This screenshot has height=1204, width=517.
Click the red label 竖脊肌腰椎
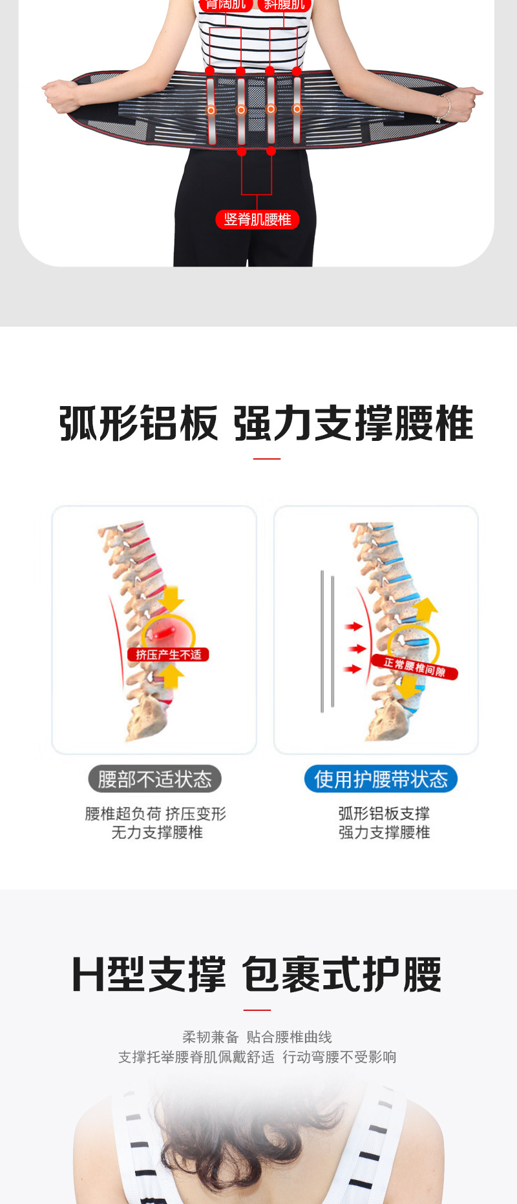(x=257, y=219)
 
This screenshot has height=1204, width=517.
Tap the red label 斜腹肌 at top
(x=284, y=5)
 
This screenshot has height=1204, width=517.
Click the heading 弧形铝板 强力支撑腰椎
(x=266, y=424)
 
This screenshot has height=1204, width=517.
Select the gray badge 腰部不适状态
(x=155, y=779)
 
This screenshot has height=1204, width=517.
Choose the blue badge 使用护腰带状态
(x=381, y=779)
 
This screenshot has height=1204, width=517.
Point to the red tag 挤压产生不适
(x=168, y=655)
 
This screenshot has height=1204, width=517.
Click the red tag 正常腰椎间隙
(x=414, y=667)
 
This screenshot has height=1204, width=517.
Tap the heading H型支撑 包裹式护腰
(x=257, y=975)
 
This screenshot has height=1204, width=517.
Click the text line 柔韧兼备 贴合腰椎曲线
(x=257, y=1037)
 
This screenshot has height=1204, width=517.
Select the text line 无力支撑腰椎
(x=157, y=833)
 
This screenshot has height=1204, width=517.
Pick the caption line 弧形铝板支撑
(x=384, y=813)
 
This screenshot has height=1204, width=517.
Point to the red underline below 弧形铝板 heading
(x=266, y=459)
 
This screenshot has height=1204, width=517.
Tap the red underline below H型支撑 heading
(x=257, y=1010)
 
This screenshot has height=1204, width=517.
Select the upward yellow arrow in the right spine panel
(x=426, y=609)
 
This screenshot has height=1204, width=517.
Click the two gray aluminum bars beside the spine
(x=327, y=640)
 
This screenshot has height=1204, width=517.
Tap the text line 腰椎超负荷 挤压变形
(x=156, y=813)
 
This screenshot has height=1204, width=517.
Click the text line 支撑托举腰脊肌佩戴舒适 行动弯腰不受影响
(x=257, y=1057)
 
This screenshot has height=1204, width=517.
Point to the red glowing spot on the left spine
(x=167, y=629)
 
